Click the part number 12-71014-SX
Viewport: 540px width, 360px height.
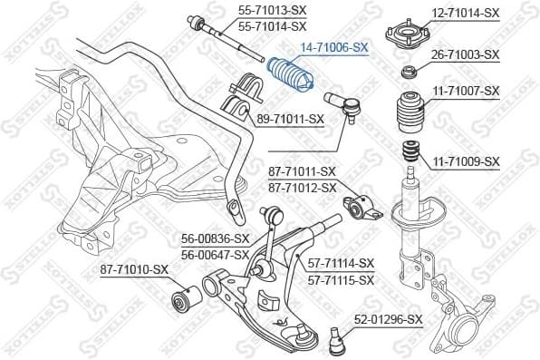(466, 13)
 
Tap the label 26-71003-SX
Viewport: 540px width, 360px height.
(466, 54)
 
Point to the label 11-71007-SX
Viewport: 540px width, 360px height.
(466, 91)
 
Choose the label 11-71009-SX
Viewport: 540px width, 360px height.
(466, 161)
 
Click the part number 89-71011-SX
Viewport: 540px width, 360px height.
(290, 119)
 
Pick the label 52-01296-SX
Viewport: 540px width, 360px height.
(389, 319)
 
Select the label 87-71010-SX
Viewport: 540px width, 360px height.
(134, 269)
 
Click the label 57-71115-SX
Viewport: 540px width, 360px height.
(341, 280)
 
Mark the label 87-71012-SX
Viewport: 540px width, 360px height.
(303, 188)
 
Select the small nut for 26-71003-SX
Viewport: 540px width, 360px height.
(409, 72)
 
